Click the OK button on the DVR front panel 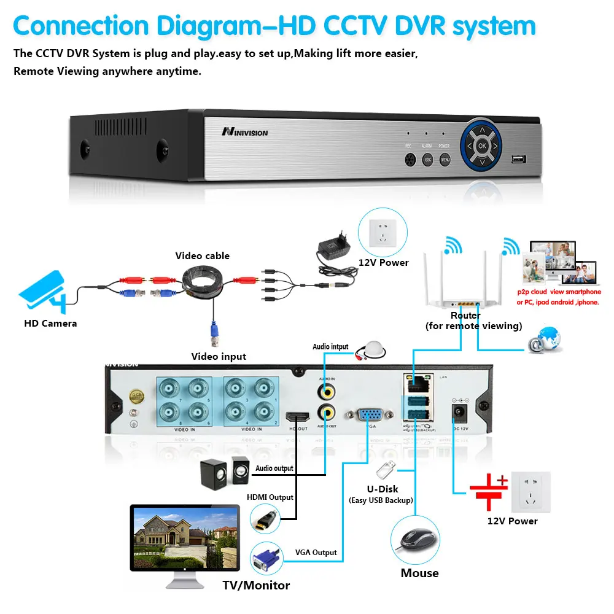(482, 146)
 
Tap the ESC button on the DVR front (429, 160)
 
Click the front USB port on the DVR (519, 160)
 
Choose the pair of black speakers (225, 473)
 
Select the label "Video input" (219, 356)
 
